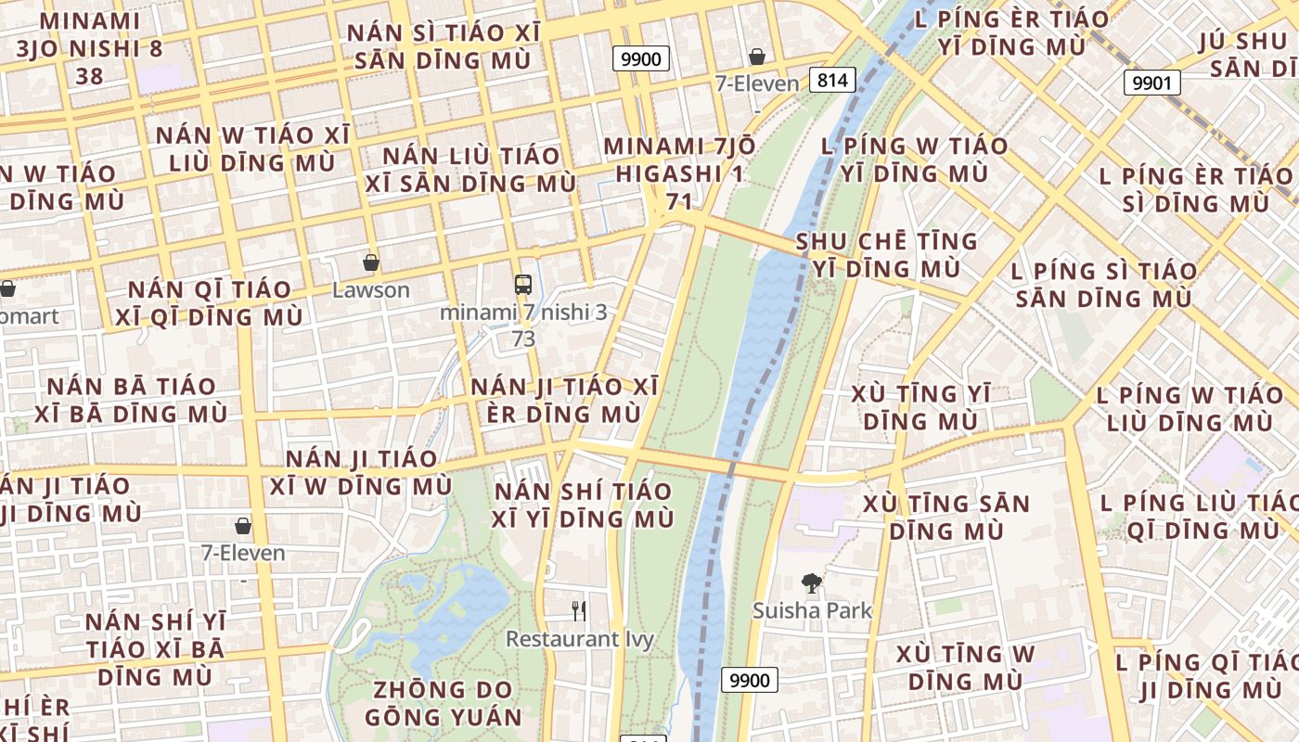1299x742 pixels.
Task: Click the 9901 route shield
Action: [x=1151, y=83]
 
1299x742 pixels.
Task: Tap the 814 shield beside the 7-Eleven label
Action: [x=832, y=80]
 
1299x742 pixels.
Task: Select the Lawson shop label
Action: [x=371, y=290]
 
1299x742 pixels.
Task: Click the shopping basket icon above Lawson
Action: [x=371, y=262]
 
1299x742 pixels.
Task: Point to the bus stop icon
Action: [x=523, y=285]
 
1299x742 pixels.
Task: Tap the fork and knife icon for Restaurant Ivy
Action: [x=579, y=610]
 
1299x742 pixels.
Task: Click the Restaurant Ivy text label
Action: [x=579, y=639]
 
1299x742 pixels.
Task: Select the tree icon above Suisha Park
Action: [x=812, y=583]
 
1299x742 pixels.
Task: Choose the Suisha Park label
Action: [x=812, y=610]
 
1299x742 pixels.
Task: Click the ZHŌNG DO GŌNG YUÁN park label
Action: [x=443, y=703]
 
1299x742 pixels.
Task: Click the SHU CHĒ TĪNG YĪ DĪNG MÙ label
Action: [x=886, y=255]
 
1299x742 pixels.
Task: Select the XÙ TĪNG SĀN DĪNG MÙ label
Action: [x=946, y=518]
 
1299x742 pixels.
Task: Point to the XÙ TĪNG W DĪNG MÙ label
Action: [x=965, y=667]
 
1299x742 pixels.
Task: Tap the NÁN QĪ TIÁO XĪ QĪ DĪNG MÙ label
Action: [x=209, y=303]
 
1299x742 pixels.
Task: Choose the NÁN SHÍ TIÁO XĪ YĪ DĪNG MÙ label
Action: [x=584, y=505]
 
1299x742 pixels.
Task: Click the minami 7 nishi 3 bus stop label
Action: [x=523, y=325]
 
